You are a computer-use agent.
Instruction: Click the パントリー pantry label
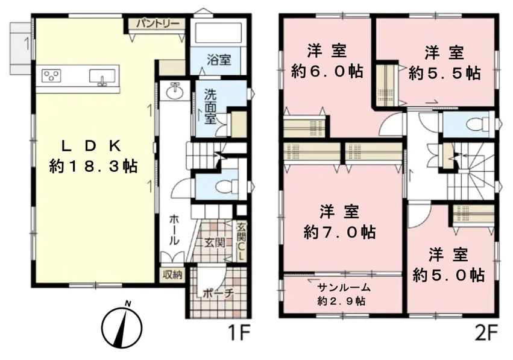tap(158, 24)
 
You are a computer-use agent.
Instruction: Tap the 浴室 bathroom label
tap(219, 59)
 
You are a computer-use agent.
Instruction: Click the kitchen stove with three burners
tap(51, 76)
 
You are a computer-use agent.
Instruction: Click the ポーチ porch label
tap(215, 294)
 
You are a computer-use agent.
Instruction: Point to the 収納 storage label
tap(172, 275)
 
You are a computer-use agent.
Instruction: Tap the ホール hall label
tap(174, 230)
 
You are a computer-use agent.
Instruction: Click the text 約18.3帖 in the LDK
tap(93, 166)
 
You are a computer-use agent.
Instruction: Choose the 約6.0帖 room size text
tap(327, 71)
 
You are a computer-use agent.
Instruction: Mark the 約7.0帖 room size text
tap(339, 232)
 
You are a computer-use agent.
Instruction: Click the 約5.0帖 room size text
tap(448, 275)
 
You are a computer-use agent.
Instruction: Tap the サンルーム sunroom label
tap(344, 288)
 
